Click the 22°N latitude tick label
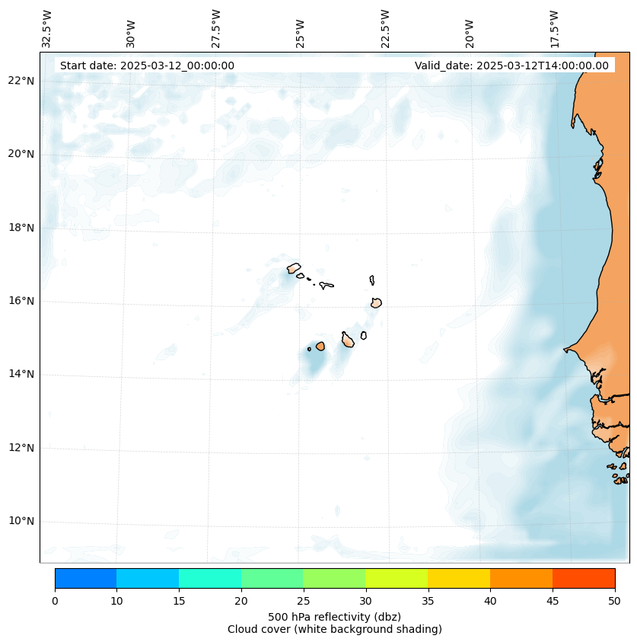click(21, 81)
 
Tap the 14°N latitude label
click(21, 374)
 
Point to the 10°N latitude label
click(21, 521)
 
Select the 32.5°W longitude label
click(47, 29)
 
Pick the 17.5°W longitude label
click(555, 29)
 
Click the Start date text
click(147, 65)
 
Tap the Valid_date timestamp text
click(511, 65)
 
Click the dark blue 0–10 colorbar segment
click(85, 578)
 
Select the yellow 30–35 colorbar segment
click(396, 578)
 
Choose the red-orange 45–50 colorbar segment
click(583, 578)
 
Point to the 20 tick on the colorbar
click(241, 602)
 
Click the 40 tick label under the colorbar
click(490, 602)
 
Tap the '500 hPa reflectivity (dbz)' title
click(334, 616)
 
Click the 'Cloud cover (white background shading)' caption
click(334, 629)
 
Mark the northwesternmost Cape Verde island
click(294, 268)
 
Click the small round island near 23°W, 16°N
click(376, 302)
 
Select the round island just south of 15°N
click(320, 346)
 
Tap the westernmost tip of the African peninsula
click(565, 350)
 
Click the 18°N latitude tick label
click(21, 227)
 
